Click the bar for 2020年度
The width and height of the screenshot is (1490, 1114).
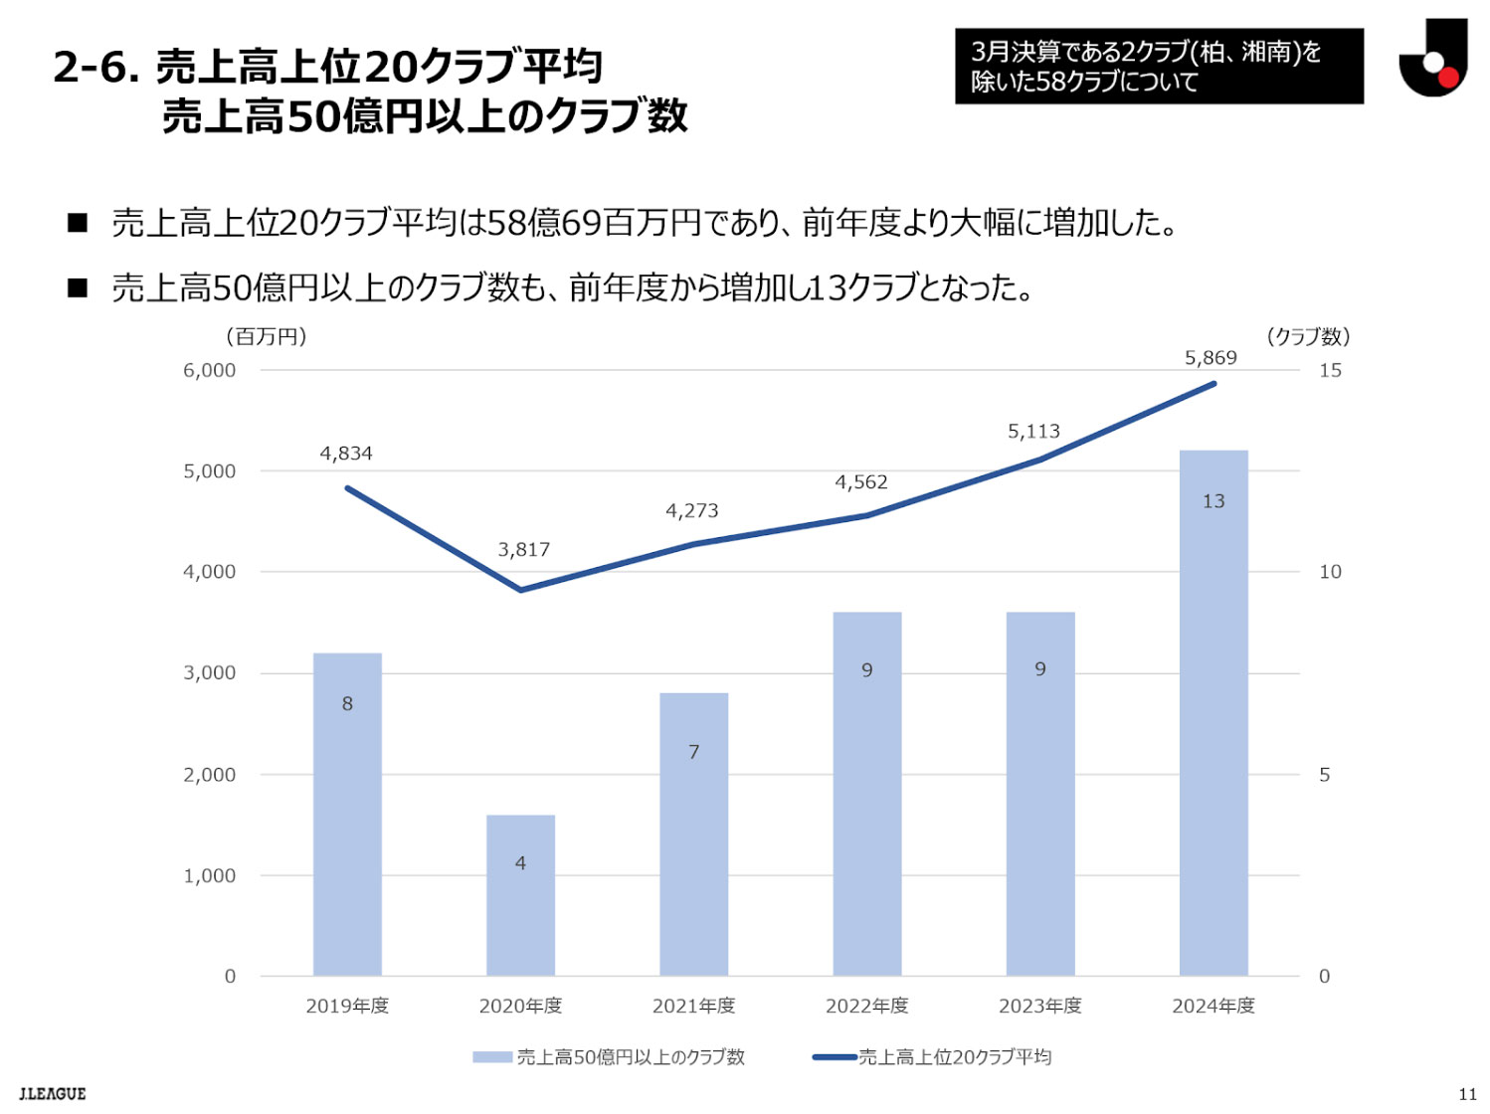click(x=520, y=895)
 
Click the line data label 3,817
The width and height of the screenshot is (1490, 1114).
click(x=523, y=549)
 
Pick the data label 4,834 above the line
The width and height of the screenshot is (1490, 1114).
click(x=346, y=454)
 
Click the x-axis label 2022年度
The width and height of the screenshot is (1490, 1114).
click(x=866, y=1006)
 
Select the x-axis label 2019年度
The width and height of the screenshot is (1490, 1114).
click(x=347, y=1006)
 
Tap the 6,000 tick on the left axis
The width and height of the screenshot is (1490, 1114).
click(x=209, y=370)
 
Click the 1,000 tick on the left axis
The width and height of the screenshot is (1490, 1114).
click(x=209, y=875)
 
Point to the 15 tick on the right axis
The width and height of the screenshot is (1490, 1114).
click(x=1330, y=370)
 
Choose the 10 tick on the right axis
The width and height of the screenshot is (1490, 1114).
click(x=1330, y=572)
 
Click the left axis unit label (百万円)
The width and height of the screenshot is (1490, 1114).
click(x=267, y=336)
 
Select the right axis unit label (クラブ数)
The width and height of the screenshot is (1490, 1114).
click(x=1308, y=336)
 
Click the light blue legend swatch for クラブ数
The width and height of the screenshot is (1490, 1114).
click(x=491, y=1057)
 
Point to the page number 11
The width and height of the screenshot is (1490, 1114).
click(x=1467, y=1094)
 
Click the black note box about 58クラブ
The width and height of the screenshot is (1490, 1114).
click(x=1159, y=66)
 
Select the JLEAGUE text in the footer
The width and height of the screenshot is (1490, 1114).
click(x=53, y=1094)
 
